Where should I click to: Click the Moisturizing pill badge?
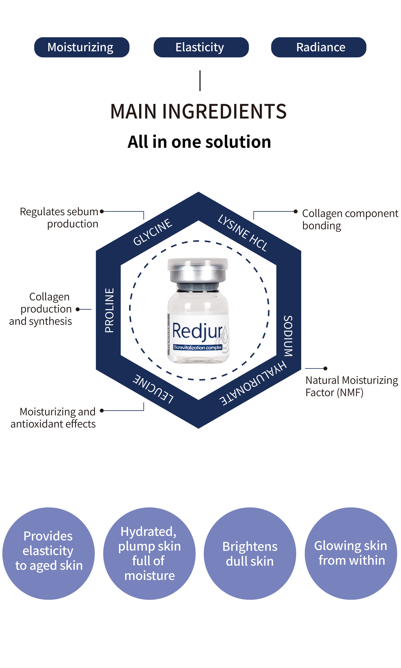coord(82,47)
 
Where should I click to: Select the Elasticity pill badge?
coord(201,47)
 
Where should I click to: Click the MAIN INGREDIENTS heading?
coord(198,111)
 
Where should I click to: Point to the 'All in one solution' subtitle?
coord(199,142)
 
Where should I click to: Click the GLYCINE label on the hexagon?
coord(153,232)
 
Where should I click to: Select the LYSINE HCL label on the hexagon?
coord(243,233)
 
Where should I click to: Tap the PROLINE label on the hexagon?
coord(109,310)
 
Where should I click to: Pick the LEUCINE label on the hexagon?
coord(153,389)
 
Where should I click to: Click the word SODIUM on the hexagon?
coord(288,336)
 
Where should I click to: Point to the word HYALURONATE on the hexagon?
coord(253,383)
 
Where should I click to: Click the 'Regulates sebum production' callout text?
coord(59,218)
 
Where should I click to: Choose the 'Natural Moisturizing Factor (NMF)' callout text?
coord(352,386)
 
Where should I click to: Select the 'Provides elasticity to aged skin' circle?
coord(49,554)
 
